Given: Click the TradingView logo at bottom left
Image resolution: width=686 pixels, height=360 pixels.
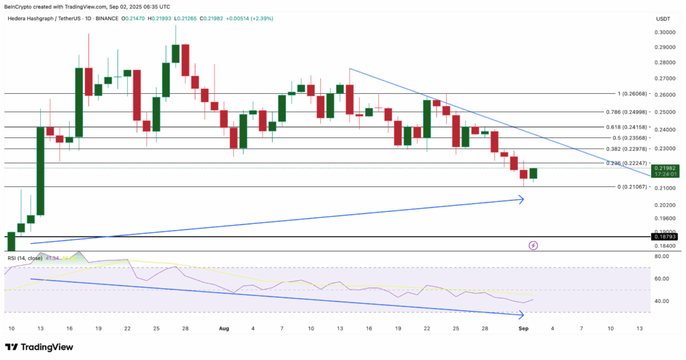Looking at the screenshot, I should (x=41, y=347).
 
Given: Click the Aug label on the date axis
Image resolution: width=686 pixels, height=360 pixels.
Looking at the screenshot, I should (x=224, y=329).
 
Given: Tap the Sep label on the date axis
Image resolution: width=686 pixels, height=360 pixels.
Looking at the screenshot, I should (x=524, y=329).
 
